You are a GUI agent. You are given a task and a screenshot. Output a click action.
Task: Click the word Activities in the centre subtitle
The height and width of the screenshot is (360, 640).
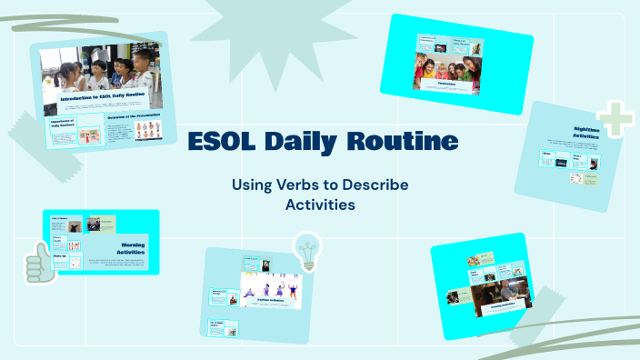click(320, 205)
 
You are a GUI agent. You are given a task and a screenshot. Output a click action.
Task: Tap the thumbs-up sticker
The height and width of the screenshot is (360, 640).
click(37, 265)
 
